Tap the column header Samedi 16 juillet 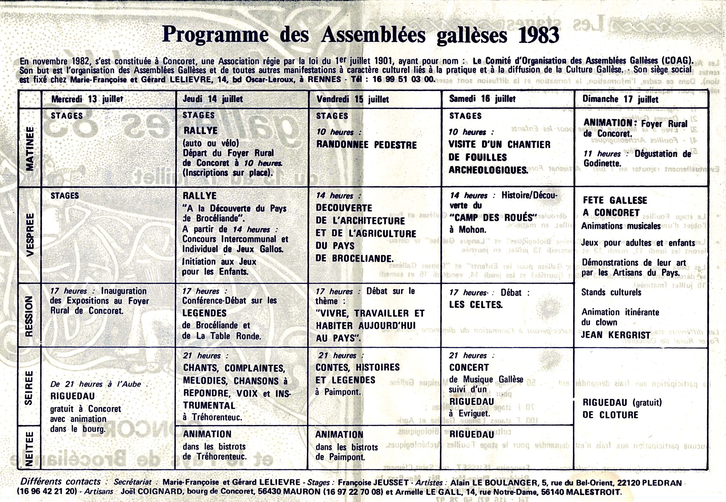tap(482, 99)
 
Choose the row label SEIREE tap(29, 388)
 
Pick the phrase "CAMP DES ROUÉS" tap(493, 218)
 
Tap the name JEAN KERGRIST tap(615, 335)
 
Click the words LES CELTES tap(476, 305)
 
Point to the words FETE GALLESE tap(615, 200)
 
